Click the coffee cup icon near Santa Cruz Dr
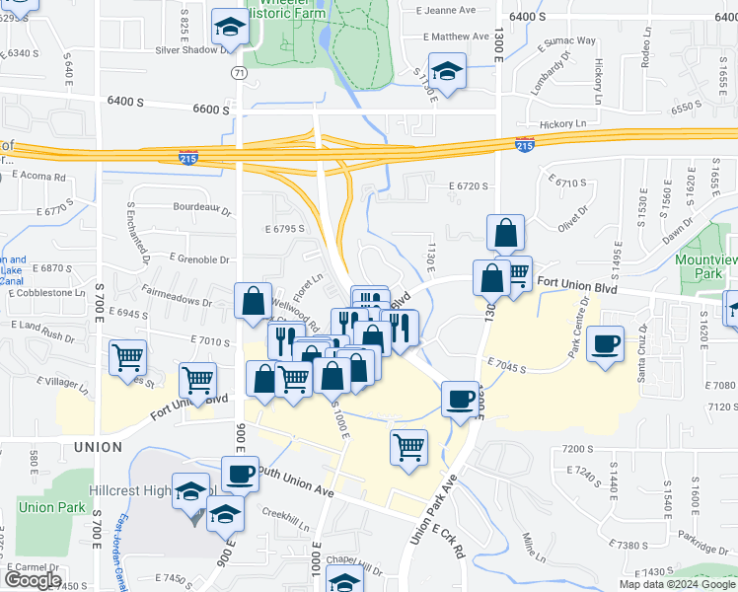point(605,344)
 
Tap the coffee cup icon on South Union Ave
point(240,474)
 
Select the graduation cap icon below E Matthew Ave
point(447,72)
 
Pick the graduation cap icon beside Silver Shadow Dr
point(229,27)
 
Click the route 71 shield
point(240,73)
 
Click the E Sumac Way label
point(566,42)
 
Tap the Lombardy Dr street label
point(551,75)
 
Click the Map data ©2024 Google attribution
point(677,584)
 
